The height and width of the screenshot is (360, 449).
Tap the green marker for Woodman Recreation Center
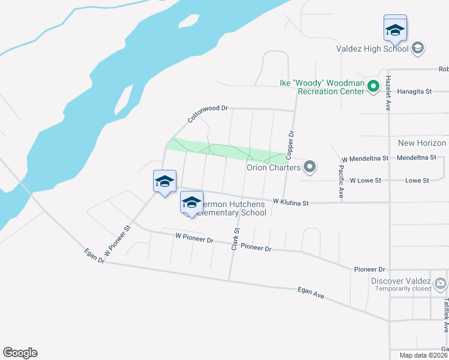pos(373,87)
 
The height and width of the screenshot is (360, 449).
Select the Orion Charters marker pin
pos(310,167)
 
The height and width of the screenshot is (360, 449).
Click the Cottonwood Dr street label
pos(208,114)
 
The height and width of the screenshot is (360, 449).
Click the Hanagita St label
pos(415,91)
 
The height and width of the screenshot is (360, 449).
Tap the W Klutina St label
pos(291,203)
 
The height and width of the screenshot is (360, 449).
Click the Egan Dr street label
pos(95,257)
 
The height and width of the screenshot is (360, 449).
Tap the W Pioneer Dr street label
pos(194,238)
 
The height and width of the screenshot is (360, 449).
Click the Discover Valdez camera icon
pos(441,283)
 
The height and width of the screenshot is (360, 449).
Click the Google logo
pos(20,353)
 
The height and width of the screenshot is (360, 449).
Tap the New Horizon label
pos(422,143)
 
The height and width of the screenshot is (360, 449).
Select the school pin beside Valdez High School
pos(395,29)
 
